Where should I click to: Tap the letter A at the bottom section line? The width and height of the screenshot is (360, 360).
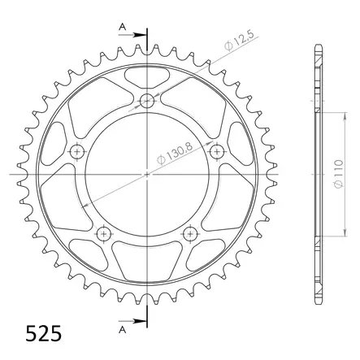coord(121,330)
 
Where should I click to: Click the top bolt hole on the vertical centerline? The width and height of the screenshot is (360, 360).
coord(147,102)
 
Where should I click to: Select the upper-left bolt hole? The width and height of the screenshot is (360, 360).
coord(78,152)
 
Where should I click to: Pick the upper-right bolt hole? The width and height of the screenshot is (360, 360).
coord(216,152)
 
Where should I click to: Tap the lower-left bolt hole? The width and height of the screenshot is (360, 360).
coord(104,233)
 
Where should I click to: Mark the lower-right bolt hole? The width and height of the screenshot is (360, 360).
coord(190,233)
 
